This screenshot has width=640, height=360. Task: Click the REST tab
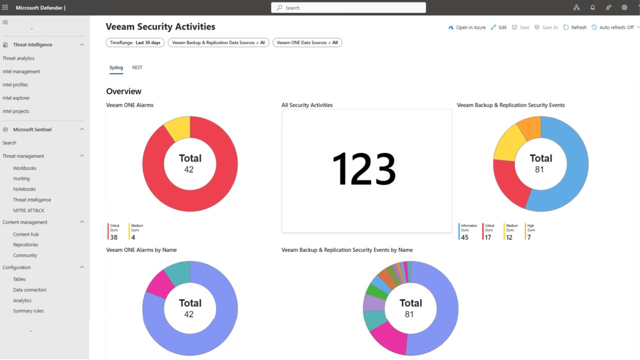pos(137,67)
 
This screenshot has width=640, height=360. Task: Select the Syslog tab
pos(116,67)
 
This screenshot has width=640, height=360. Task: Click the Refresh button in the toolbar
pos(575,27)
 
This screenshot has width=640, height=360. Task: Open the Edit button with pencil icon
pos(498,27)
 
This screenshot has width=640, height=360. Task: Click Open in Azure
pos(467,27)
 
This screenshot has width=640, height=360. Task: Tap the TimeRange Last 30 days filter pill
pos(135,42)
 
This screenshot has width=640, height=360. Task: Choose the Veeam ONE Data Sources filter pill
pos(307,42)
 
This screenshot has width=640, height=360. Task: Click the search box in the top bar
pos(348,7)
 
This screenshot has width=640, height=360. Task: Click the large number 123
pos(363,168)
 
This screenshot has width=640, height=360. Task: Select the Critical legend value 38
pos(113,237)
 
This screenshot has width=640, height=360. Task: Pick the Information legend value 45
pos(464,237)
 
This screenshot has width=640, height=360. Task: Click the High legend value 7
pos(529,237)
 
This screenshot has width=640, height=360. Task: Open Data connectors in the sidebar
pos(29,289)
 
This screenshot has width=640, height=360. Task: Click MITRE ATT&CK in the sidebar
pos(28,210)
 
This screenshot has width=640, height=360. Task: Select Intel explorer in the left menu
pos(16,98)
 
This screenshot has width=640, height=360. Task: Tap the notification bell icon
pos(592,7)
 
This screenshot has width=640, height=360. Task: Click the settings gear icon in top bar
pos(624,7)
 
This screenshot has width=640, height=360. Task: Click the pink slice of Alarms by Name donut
pos(159,285)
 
